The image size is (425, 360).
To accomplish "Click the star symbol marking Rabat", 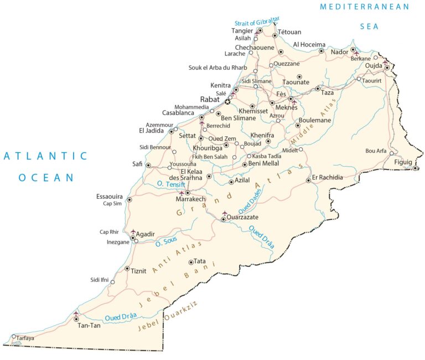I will [227, 101].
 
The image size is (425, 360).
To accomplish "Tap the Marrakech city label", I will [190, 199].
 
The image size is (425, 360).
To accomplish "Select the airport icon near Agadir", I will [133, 232].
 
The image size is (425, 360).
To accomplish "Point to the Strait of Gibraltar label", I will [257, 22].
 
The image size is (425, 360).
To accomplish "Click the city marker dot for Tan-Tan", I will [76, 319].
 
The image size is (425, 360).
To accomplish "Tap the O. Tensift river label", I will [170, 184].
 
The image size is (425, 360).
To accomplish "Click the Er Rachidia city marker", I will [308, 180].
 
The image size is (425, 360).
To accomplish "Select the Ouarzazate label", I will [244, 218].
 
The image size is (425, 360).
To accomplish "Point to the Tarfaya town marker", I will [14, 336].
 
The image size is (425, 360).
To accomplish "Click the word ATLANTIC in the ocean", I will [45, 156].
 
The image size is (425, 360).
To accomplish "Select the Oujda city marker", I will [387, 68].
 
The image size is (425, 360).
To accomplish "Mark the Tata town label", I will [200, 261].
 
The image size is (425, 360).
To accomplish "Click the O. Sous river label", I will [166, 242].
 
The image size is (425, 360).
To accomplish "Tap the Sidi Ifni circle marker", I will [113, 282].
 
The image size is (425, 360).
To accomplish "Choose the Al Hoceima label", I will [309, 44].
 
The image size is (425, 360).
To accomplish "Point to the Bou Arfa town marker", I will [391, 153].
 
